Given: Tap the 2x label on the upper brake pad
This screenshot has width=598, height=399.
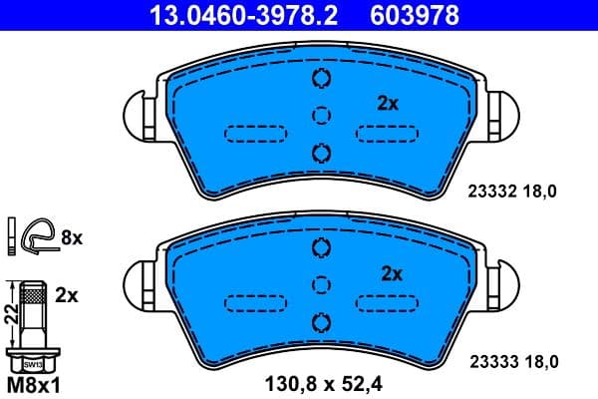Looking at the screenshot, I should click(x=388, y=102).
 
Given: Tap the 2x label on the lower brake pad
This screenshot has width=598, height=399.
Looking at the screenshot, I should click(x=391, y=272).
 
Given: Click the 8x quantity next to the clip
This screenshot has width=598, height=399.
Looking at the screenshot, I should click(x=72, y=237).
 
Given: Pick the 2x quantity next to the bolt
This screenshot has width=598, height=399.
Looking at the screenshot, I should click(x=68, y=295).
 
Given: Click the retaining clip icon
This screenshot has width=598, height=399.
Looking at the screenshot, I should click(x=38, y=235).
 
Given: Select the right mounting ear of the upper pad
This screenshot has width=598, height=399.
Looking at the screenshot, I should click(x=502, y=109).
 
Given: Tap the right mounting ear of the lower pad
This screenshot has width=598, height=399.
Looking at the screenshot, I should click(x=502, y=280).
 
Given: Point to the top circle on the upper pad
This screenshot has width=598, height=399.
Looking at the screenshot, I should click(x=320, y=81).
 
